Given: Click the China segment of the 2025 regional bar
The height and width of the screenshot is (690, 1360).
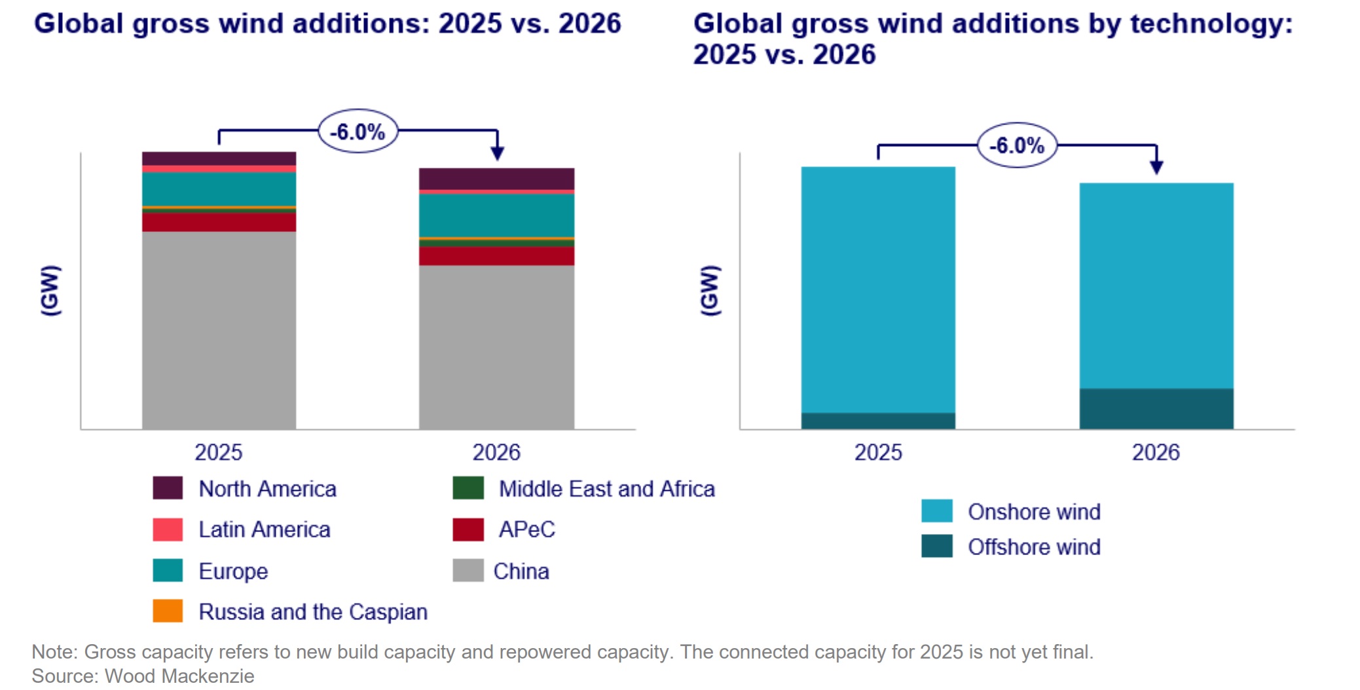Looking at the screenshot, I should pyautogui.click(x=219, y=330).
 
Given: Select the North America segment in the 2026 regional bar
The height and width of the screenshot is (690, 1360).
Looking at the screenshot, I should pyautogui.click(x=496, y=179).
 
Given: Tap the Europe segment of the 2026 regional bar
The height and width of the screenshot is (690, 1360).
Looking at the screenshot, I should pyautogui.click(x=496, y=215).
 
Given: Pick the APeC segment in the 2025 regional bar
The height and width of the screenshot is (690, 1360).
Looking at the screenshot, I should pyautogui.click(x=219, y=223).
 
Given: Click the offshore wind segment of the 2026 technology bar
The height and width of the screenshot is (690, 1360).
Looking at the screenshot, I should pyautogui.click(x=1156, y=409).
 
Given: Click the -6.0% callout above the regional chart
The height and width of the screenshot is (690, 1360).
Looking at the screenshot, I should pyautogui.click(x=358, y=132).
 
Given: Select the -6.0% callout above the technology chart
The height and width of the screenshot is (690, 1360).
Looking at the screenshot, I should pyautogui.click(x=1017, y=145).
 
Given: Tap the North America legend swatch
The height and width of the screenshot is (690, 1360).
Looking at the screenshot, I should pyautogui.click(x=168, y=488).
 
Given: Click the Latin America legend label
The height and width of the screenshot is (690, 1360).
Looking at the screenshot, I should pyautogui.click(x=265, y=529).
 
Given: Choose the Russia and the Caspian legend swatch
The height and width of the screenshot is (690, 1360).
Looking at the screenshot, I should pyautogui.click(x=168, y=611).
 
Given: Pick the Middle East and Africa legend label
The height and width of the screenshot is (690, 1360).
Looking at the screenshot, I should pyautogui.click(x=606, y=489).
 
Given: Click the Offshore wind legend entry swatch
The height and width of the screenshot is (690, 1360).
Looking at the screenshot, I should pyautogui.click(x=936, y=546).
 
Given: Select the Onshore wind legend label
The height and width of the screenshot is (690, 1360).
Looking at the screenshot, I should pyautogui.click(x=1034, y=512).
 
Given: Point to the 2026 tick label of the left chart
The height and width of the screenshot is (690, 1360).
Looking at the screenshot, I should pyautogui.click(x=496, y=452).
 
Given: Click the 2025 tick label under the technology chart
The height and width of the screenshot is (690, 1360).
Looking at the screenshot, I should pyautogui.click(x=878, y=452).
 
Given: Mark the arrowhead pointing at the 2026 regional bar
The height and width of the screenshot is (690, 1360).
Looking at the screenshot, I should pyautogui.click(x=498, y=154).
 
